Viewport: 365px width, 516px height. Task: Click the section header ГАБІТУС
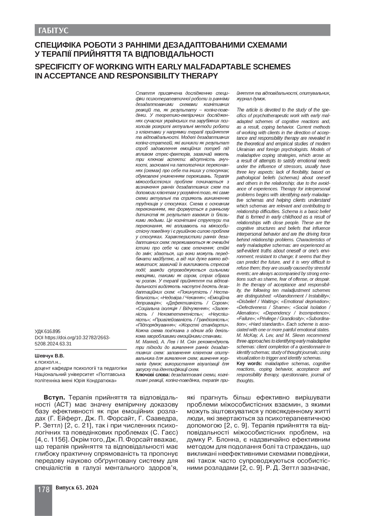53,31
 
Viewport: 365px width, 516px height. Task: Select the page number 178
44,490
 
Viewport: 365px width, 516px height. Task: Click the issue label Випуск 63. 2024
77,488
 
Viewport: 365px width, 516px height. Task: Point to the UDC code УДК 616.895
47,332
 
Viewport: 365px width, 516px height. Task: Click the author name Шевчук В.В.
49,356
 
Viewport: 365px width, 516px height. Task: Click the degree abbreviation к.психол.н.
47,362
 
